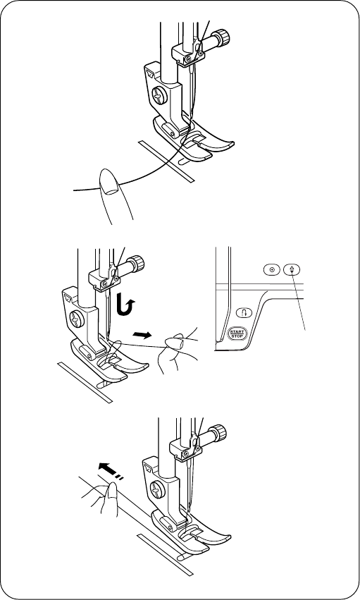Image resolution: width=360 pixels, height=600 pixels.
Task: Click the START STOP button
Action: pos(237,333)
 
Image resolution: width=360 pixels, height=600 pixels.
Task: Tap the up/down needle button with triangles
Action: pos(292,269)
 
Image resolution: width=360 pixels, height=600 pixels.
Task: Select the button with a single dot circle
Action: pos(272,269)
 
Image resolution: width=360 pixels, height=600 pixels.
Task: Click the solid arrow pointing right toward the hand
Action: pos(142,335)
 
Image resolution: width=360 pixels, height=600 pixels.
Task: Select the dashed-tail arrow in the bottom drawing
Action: pos(111,470)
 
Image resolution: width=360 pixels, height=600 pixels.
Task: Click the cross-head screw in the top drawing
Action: pos(159,95)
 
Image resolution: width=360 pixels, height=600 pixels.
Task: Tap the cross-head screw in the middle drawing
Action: pos(77,319)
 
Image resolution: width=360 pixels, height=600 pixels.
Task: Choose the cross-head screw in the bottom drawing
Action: pos(157,490)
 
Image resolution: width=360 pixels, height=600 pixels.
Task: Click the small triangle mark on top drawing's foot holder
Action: pos(149,71)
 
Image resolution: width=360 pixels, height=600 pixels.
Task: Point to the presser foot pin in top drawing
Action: pos(168,130)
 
